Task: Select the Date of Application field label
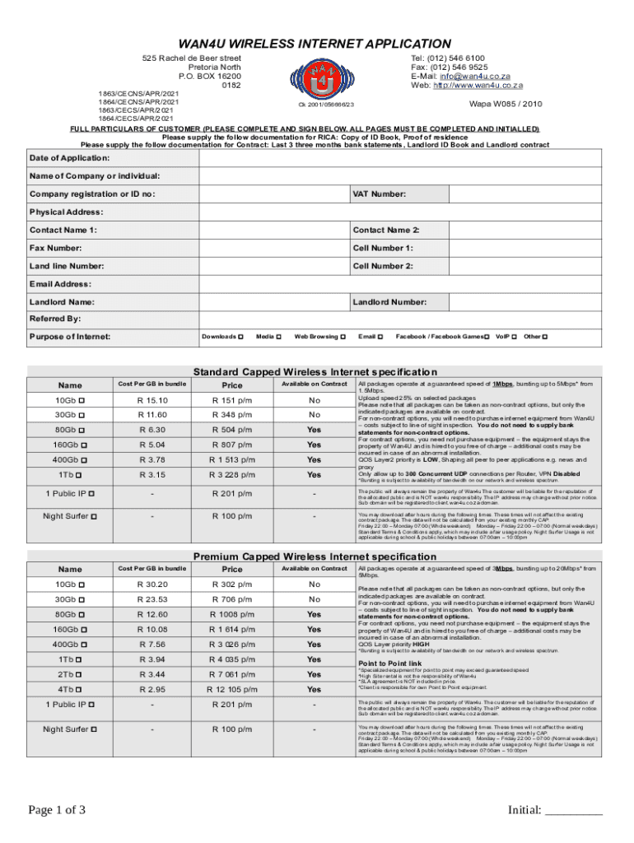(x=69, y=158)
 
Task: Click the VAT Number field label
(x=380, y=194)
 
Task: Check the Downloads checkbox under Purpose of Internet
(x=240, y=337)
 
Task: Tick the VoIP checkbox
(x=515, y=337)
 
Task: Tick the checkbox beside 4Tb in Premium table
(x=87, y=689)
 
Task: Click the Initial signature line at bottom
(x=572, y=812)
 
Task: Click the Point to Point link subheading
(x=389, y=663)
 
